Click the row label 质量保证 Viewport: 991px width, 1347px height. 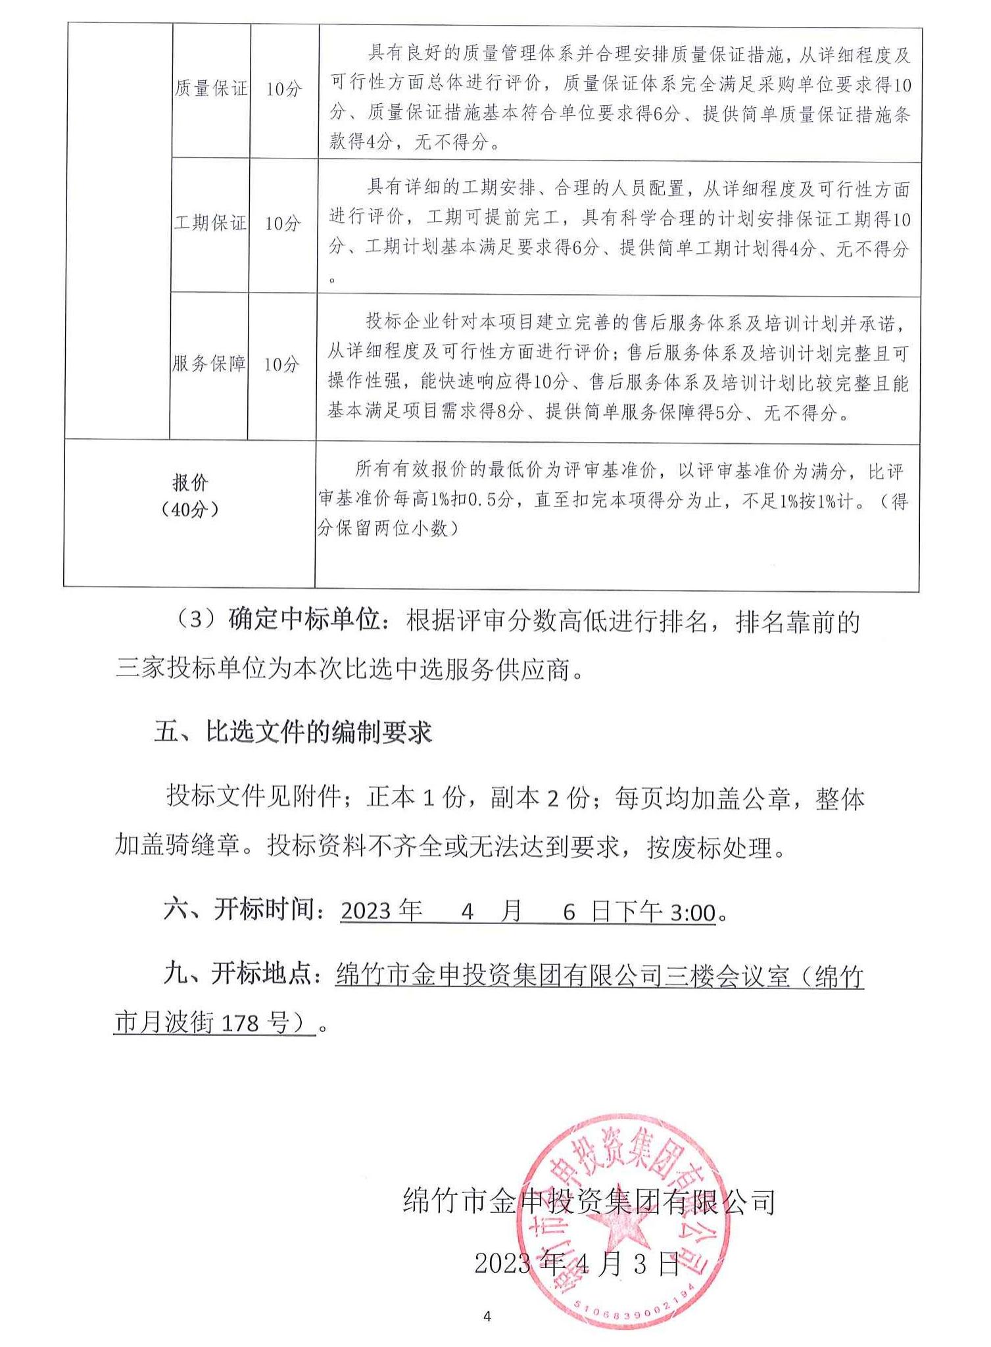coord(210,89)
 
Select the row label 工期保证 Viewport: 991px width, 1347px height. coord(210,223)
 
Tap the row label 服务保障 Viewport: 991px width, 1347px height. coord(208,363)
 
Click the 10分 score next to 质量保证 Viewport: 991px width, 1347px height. coord(283,89)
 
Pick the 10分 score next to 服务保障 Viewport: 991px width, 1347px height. coord(281,364)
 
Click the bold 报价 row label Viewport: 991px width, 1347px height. coord(190,483)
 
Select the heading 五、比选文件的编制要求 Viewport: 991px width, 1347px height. coord(293,732)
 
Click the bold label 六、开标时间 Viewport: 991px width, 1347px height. coord(244,910)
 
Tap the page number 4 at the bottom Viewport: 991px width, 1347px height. coord(487,1316)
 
